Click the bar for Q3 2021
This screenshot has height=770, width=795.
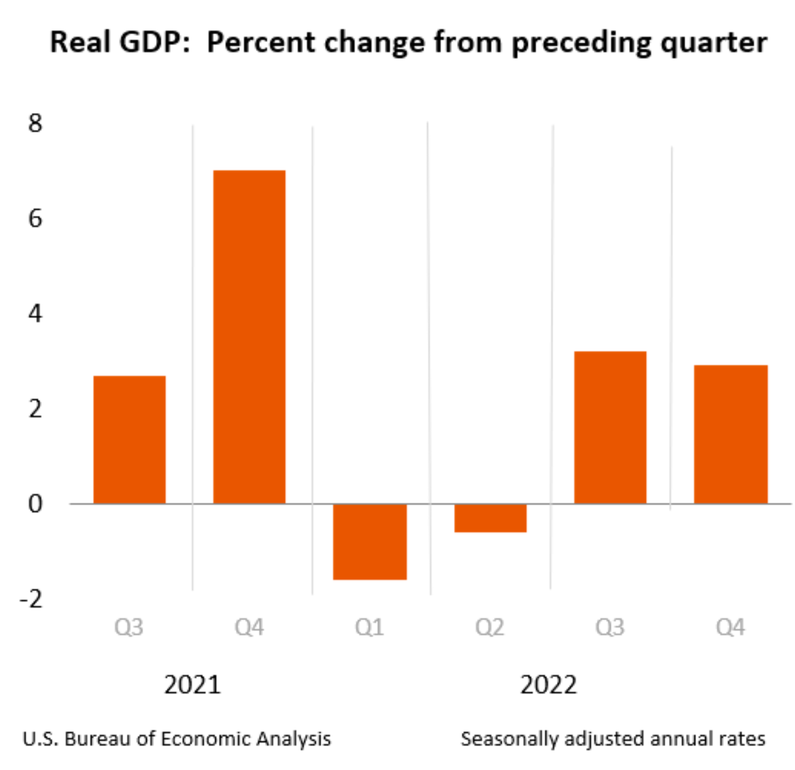(x=130, y=439)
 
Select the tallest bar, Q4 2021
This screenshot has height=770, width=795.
(x=249, y=336)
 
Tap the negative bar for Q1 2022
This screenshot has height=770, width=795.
(x=370, y=542)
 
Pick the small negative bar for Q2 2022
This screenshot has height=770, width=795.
(x=490, y=518)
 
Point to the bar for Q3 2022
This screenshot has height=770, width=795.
(x=610, y=427)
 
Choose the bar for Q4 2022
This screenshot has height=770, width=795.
(x=730, y=434)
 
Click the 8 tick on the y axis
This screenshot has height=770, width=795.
(x=35, y=123)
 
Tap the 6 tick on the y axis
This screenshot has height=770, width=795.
(x=35, y=218)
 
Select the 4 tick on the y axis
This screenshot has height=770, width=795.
(x=35, y=314)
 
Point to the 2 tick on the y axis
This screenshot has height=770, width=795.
(x=35, y=409)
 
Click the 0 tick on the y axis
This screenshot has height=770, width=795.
(x=35, y=504)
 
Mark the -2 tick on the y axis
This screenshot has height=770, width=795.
(x=31, y=599)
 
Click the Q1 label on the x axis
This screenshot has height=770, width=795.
(x=370, y=627)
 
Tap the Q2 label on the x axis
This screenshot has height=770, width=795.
(x=489, y=627)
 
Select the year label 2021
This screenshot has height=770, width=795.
(x=192, y=684)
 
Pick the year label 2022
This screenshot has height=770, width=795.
(x=548, y=684)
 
